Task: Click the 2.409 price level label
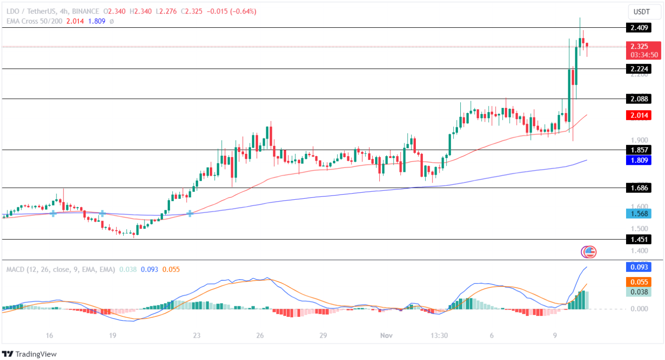[638, 28]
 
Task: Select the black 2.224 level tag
[638, 69]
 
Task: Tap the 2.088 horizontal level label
[638, 99]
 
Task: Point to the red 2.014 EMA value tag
[638, 115]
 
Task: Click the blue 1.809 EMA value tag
[638, 160]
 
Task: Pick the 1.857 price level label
[638, 150]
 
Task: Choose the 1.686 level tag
[638, 188]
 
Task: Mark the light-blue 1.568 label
[638, 214]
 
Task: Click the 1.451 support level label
[638, 240]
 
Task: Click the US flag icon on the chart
[589, 252]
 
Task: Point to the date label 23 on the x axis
[197, 335]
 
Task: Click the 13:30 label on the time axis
[439, 335]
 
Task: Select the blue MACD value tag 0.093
[638, 267]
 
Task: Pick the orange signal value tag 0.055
[638, 282]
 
